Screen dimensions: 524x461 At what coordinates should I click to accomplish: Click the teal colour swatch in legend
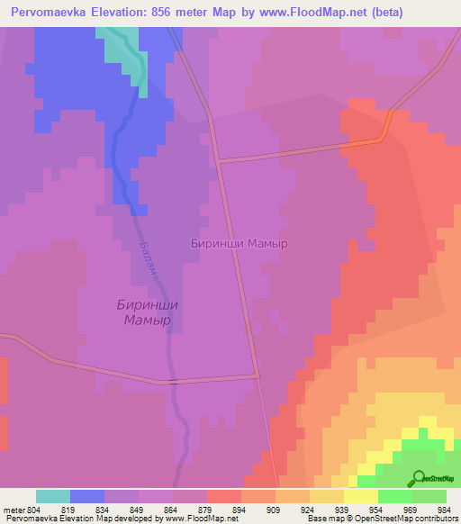pos(53,496)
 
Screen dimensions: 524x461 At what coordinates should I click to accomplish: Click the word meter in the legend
pos(13,509)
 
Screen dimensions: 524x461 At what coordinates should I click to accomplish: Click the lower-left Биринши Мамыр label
pos(148,312)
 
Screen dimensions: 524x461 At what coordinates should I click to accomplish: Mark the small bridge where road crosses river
pos(171,382)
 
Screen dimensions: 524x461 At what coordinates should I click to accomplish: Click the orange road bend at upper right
pos(385,131)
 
